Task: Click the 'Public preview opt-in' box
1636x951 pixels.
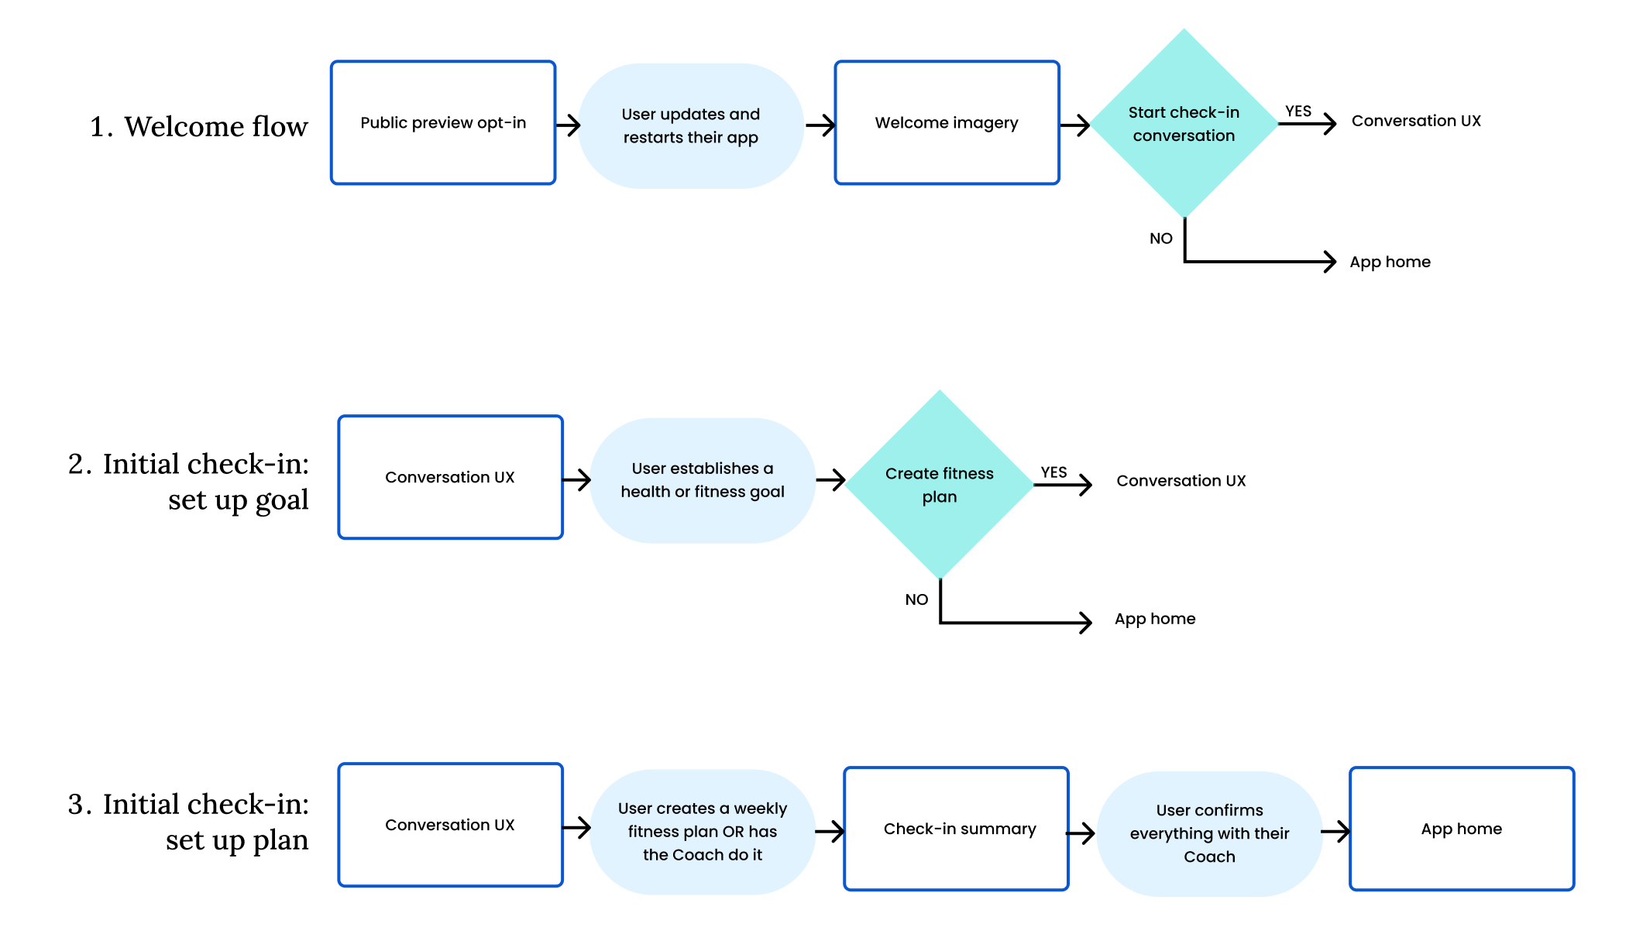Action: pyautogui.click(x=443, y=122)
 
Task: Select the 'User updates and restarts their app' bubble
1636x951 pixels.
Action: pyautogui.click(x=691, y=125)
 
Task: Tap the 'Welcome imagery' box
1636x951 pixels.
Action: pyautogui.click(x=947, y=122)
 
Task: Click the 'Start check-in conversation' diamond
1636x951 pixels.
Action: pyautogui.click(x=1184, y=124)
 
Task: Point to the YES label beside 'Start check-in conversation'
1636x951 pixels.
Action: pyautogui.click(x=1298, y=112)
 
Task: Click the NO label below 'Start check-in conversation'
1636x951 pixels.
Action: pyautogui.click(x=1160, y=239)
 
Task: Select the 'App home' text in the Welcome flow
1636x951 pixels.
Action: pyautogui.click(x=1390, y=262)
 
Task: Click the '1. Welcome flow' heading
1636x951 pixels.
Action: pyautogui.click(x=198, y=126)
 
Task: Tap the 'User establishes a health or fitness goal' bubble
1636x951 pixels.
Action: pyautogui.click(x=703, y=480)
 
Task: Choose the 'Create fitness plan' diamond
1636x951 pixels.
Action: pyautogui.click(x=940, y=485)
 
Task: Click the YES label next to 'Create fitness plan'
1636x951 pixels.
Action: pyautogui.click(x=1053, y=472)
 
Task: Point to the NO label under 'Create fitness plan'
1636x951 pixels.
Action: pyautogui.click(x=916, y=599)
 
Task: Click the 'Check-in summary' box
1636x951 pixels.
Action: pyautogui.click(x=956, y=829)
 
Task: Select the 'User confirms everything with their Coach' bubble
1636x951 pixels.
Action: pyautogui.click(x=1209, y=833)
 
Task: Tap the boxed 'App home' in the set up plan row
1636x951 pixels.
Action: pyautogui.click(x=1462, y=829)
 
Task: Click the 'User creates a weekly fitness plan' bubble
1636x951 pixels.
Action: pyautogui.click(x=703, y=832)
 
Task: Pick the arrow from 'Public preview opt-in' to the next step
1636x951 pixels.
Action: pyautogui.click(x=568, y=125)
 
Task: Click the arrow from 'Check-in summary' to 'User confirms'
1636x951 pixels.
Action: pyautogui.click(x=1081, y=833)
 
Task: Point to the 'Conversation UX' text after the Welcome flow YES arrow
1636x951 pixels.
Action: pyautogui.click(x=1416, y=121)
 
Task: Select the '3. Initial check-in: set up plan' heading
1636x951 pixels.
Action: pyautogui.click(x=188, y=822)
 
